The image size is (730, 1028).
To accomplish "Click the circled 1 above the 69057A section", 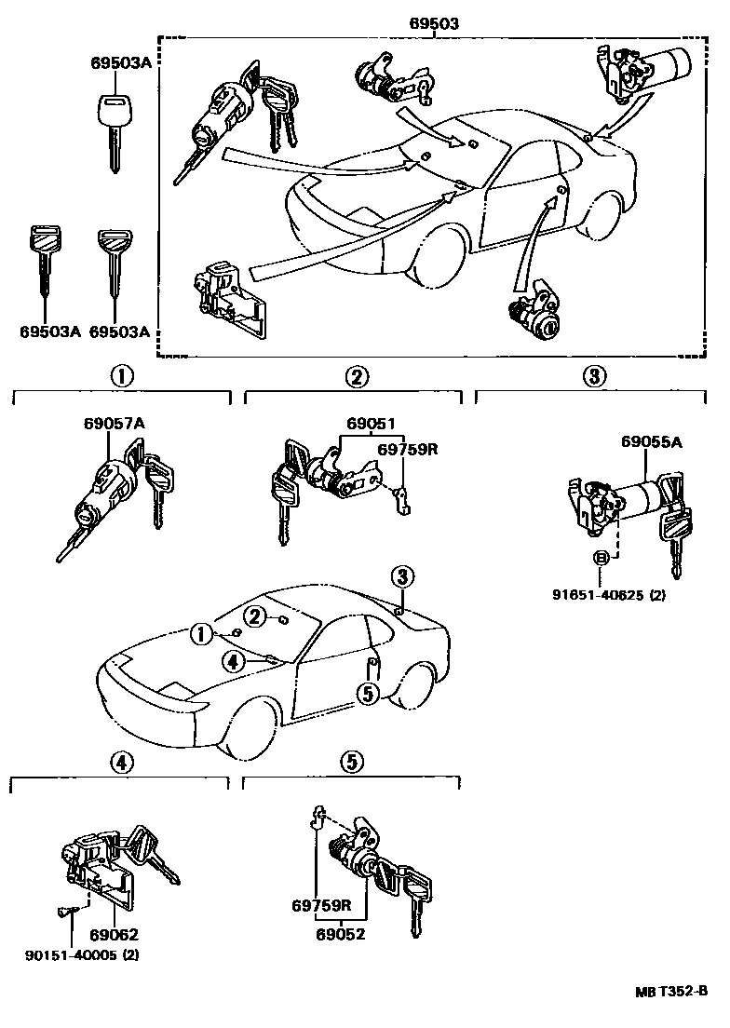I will (x=121, y=376).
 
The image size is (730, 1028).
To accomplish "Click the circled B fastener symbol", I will (x=602, y=558).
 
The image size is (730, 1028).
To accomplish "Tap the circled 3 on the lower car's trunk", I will (x=401, y=576).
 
